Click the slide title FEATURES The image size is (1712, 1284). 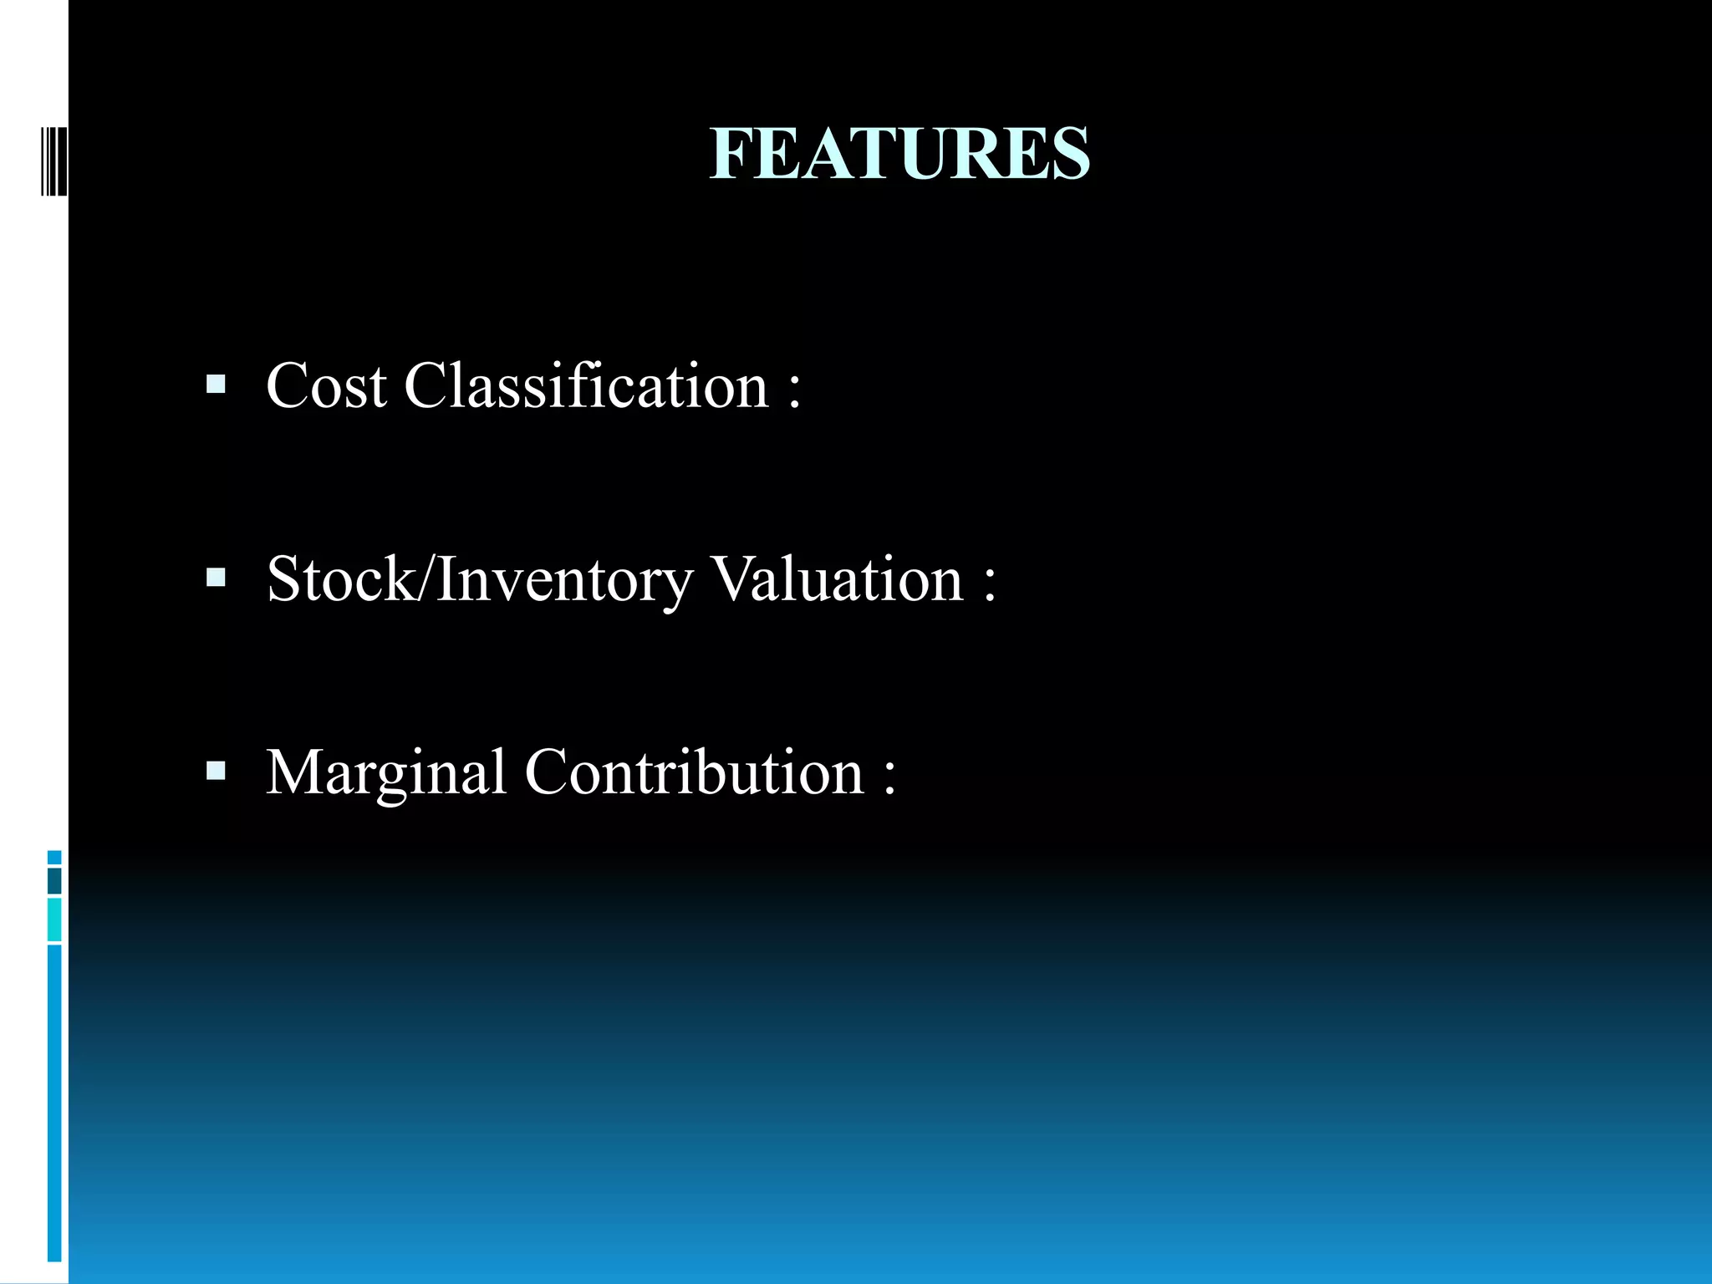(x=899, y=154)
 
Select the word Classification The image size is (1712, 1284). (x=586, y=386)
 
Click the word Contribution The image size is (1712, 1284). (x=694, y=772)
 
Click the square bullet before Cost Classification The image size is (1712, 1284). (x=216, y=385)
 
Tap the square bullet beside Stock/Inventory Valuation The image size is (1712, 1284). (x=216, y=578)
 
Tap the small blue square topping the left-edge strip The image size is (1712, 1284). (x=54, y=857)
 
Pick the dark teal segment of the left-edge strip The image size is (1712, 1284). (x=54, y=880)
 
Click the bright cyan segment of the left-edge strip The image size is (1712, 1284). (x=54, y=920)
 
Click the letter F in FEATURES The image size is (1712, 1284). (x=729, y=154)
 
